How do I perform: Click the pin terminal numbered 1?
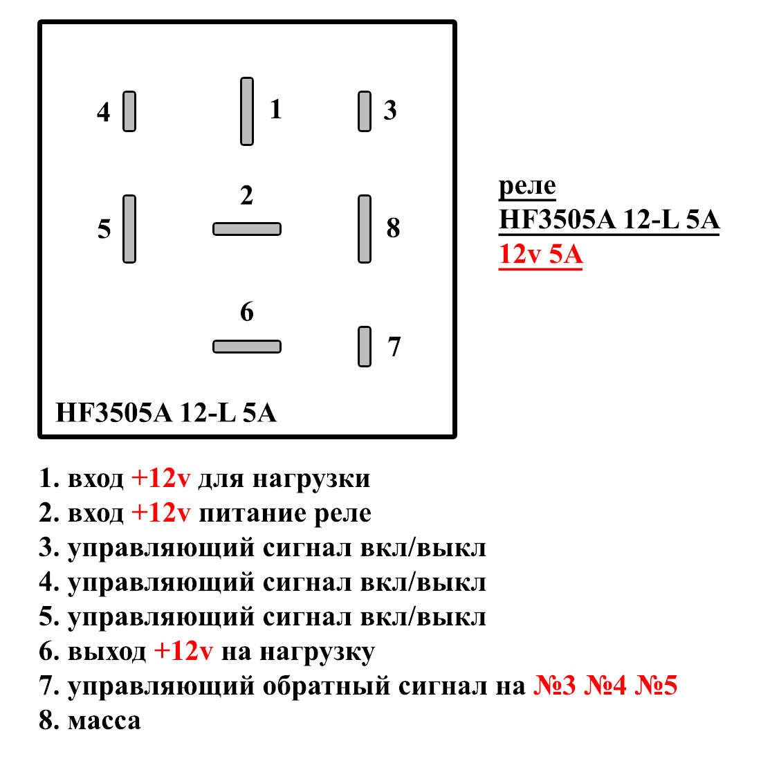coord(247,111)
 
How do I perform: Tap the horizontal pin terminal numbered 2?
coord(247,229)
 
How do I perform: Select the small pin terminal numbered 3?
coord(365,111)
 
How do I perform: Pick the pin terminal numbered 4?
coord(129,111)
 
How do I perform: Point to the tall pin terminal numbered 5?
coord(129,229)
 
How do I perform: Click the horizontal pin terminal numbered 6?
coord(247,347)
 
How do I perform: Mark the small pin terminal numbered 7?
coord(365,347)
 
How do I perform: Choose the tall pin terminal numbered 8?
coord(365,229)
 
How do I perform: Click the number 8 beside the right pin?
coord(393,228)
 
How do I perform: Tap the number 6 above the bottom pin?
coord(247,312)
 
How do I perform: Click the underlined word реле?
coord(527,185)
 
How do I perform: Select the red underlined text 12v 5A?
coord(540,255)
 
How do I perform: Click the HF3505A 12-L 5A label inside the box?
coord(166,413)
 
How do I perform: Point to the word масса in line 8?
coord(104,721)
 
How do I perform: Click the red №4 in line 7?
coord(605,686)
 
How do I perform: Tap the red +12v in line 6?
coord(183,652)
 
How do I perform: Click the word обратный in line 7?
coord(325,686)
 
